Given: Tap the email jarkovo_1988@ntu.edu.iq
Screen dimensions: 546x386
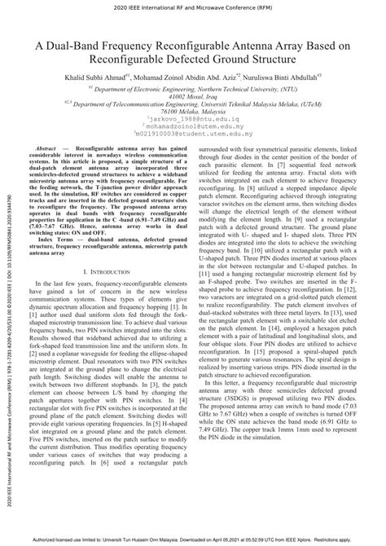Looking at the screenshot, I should point(194,127).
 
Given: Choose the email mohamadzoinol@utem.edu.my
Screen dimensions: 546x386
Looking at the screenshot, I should point(194,134).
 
